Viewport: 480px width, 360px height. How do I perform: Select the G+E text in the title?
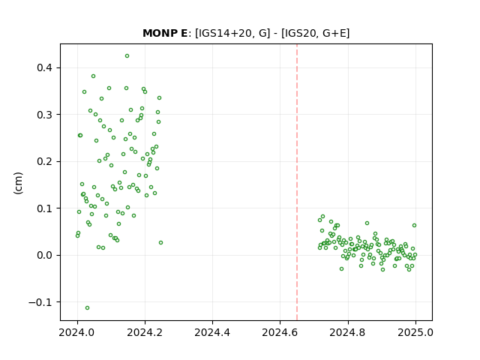tap(334, 33)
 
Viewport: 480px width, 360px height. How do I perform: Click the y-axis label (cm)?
tap(18, 183)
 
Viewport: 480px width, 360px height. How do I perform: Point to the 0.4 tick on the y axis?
tap(45, 67)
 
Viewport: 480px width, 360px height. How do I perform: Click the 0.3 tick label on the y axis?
tap(45, 115)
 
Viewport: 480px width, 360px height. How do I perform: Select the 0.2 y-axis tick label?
tap(45, 161)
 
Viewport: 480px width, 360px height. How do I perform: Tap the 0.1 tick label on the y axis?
tap(45, 208)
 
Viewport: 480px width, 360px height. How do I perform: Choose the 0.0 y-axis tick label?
tap(45, 255)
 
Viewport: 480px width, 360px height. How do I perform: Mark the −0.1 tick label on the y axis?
tap(40, 302)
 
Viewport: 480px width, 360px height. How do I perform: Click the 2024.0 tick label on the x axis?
tap(77, 332)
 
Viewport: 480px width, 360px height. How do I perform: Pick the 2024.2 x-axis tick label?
tap(145, 332)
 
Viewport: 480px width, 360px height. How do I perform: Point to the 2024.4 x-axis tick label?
tap(212, 332)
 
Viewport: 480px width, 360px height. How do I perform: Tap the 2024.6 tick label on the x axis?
tap(280, 332)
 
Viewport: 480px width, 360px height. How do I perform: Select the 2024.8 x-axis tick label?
tap(347, 332)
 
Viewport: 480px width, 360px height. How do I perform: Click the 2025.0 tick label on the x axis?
tap(415, 332)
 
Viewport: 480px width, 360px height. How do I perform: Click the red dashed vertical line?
tap(297, 182)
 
